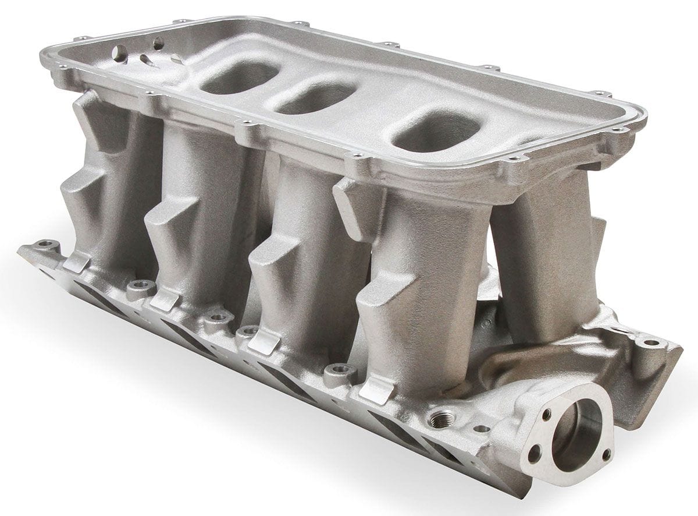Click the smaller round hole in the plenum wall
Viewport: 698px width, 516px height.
pyautogui.click(x=158, y=43)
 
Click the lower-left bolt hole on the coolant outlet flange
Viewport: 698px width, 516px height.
pyautogui.click(x=534, y=455)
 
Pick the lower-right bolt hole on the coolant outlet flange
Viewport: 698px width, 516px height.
pyautogui.click(x=606, y=454)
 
